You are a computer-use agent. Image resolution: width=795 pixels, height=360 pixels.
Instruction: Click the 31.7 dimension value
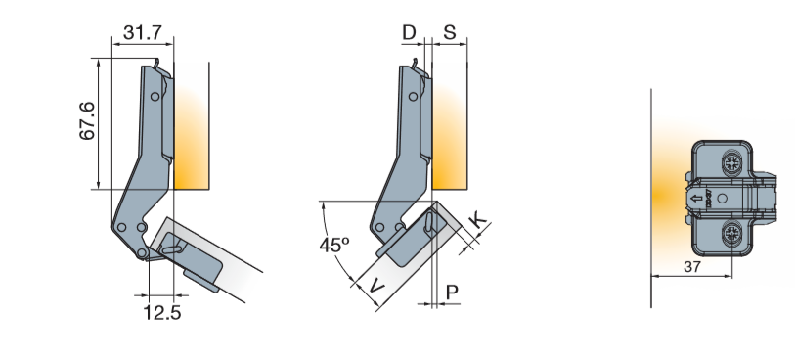click(x=143, y=33)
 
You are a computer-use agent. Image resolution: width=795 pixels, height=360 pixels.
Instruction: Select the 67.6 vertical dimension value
click(x=87, y=121)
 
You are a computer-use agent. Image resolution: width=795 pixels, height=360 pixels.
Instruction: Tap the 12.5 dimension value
click(x=161, y=313)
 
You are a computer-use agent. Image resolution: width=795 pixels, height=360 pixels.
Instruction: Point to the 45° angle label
click(x=334, y=245)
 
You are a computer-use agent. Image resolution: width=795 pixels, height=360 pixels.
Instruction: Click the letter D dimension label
click(x=409, y=33)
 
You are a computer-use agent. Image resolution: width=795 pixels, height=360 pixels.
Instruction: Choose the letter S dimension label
click(x=449, y=33)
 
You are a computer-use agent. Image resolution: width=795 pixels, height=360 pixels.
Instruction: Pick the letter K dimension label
click(x=477, y=221)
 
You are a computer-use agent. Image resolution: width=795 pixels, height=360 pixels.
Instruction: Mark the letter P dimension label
click(x=452, y=292)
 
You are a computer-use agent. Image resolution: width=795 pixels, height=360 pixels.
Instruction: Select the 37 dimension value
click(x=691, y=267)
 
